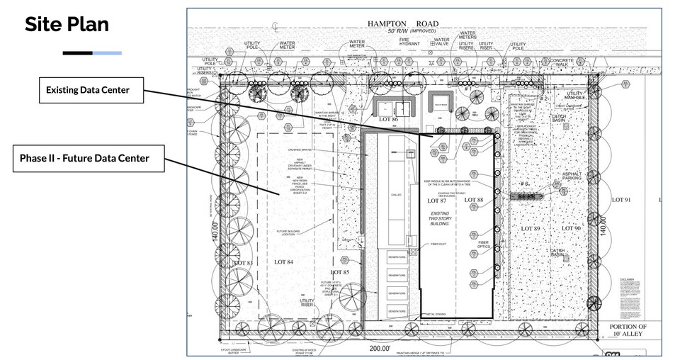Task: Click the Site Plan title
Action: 67,25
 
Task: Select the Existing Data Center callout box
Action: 92,91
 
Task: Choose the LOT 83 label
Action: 242,264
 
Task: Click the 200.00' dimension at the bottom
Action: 380,349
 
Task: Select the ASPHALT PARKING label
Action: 572,177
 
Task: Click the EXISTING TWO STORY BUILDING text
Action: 441,218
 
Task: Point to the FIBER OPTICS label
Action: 484,247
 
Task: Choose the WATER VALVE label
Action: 441,44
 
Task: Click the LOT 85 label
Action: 339,271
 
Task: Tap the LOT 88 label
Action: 473,200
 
